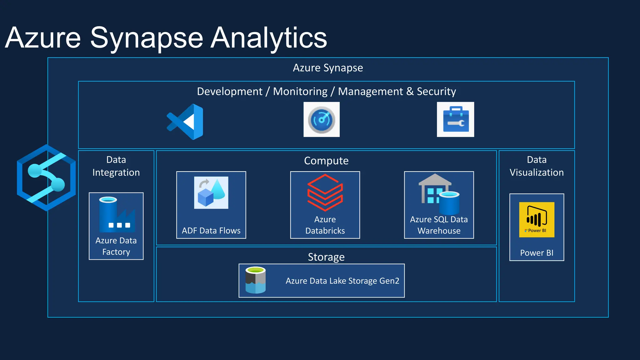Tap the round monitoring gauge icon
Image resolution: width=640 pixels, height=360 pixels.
coord(321,119)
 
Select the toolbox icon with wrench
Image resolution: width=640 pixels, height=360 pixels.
coord(455,119)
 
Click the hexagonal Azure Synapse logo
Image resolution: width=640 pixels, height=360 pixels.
coord(46,177)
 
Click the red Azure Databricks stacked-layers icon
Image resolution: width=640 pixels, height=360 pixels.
coord(325,192)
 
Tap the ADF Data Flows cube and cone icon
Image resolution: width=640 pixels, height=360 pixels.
coord(211,192)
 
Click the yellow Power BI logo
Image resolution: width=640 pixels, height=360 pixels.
coord(537,219)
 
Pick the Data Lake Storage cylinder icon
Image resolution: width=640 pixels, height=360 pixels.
coord(256,280)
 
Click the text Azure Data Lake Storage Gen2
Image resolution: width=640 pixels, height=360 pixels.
coord(342,281)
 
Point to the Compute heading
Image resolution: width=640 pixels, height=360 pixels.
coord(326,161)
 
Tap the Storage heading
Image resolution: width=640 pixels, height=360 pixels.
coord(326,257)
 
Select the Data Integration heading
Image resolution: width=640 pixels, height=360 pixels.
coord(116,166)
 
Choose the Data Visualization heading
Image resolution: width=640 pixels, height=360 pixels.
coord(537,166)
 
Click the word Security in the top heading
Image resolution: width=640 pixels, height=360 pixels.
coord(436,92)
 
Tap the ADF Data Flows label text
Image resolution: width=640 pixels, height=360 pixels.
coord(211,231)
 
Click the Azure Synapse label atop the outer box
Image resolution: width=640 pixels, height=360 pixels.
coord(328,68)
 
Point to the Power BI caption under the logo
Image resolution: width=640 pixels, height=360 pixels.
coord(537,253)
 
